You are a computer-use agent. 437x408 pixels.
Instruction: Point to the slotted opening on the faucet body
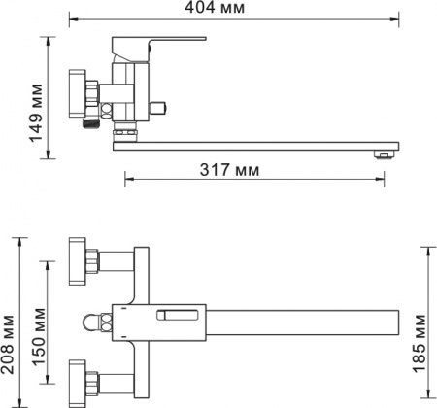pyautogui.click(x=181, y=315)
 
